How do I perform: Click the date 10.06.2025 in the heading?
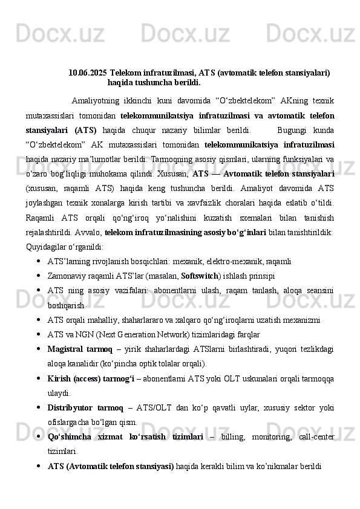click(88, 73)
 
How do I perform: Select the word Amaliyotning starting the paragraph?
click(96, 100)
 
